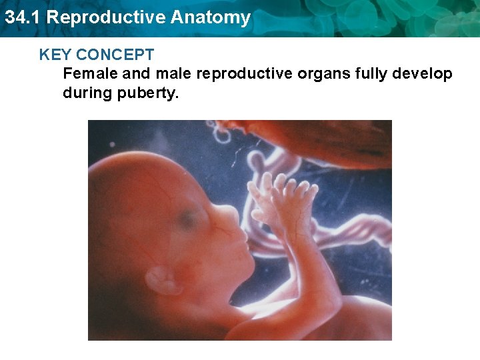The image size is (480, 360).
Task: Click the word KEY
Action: coord(55,55)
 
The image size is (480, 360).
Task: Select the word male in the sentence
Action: coord(171,73)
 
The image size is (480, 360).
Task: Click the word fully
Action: coord(376,73)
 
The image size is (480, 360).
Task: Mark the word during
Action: coord(85,93)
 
